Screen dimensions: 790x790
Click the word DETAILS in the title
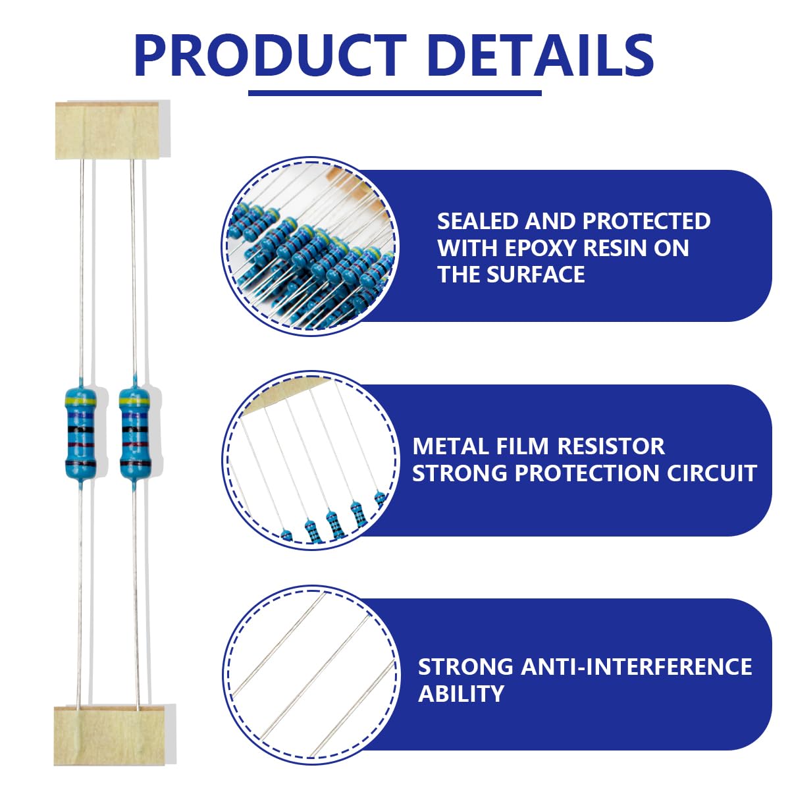pos(541,56)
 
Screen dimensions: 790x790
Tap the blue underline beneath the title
pos(395,93)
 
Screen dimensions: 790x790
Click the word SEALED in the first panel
pos(477,221)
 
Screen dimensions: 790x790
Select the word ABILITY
pos(461,694)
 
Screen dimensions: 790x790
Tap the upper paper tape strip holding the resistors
pos(107,130)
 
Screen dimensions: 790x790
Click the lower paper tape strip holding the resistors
pos(109,736)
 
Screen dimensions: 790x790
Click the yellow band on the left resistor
pos(81,398)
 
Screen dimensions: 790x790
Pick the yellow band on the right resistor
pos(134,398)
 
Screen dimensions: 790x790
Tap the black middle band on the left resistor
pos(80,429)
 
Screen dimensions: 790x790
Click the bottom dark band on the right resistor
pos(135,463)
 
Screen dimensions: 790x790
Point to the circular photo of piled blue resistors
pos(310,246)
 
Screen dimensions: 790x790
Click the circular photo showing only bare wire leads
pos(311,675)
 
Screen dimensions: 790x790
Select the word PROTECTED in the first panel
pos(646,221)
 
